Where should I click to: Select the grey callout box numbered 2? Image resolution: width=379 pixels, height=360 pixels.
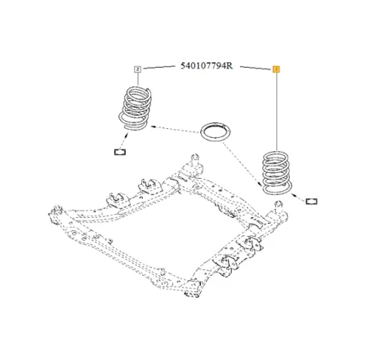(x=137, y=71)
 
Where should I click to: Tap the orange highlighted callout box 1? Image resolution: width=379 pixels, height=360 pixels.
(x=275, y=71)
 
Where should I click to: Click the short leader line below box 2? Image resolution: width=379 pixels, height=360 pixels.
(x=138, y=79)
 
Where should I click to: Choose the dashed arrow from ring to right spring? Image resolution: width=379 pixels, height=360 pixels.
(x=246, y=159)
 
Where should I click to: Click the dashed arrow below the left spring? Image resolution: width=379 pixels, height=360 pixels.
(x=126, y=137)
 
